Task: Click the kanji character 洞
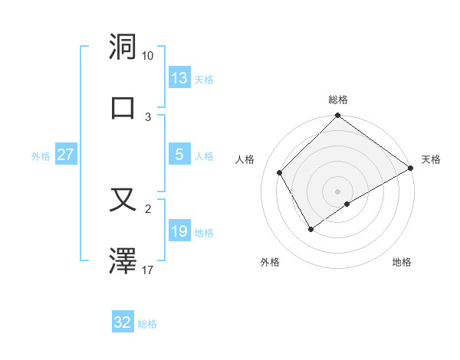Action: (123, 47)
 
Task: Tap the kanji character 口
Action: (123, 107)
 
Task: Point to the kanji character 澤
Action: (123, 261)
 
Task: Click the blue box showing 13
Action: (179, 78)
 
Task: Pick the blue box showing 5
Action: (179, 155)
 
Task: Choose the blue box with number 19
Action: (179, 231)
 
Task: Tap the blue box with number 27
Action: (65, 155)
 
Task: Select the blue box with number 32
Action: (123, 322)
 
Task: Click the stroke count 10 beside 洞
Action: (148, 56)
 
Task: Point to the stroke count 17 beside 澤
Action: (148, 270)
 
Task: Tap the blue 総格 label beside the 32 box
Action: (148, 324)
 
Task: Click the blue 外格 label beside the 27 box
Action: (41, 155)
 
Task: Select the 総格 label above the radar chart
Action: (338, 100)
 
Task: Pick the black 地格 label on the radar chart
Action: (402, 263)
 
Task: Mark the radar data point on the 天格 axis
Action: (410, 169)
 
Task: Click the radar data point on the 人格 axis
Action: (280, 172)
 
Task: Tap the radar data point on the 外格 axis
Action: (310, 229)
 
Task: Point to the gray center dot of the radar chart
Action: (337, 191)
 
